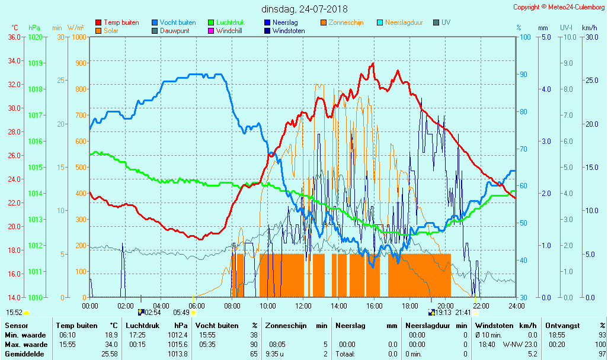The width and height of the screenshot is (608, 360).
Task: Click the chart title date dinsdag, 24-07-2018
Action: [305, 9]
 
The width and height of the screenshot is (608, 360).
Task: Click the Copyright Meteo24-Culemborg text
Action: [559, 7]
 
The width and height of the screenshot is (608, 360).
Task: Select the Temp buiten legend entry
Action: [121, 22]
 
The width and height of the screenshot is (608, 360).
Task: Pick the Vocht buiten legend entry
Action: [177, 22]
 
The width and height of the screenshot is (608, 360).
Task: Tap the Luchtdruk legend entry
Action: [230, 22]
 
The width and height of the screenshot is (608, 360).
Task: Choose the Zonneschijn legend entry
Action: [346, 22]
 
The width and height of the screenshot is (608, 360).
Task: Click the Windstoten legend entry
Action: [289, 31]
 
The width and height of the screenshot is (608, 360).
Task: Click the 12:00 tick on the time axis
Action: [303, 306]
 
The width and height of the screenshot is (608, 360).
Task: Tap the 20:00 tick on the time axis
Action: [446, 306]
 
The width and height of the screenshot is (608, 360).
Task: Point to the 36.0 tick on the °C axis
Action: [14, 37]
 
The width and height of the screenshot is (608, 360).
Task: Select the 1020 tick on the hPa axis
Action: [36, 37]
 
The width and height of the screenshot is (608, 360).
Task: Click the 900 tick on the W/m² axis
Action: [80, 63]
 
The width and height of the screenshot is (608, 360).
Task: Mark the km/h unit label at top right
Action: [590, 28]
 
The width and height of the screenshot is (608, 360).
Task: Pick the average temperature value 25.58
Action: [108, 354]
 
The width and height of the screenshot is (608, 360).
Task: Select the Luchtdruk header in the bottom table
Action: [142, 326]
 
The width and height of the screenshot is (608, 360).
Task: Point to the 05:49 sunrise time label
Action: [181, 312]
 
